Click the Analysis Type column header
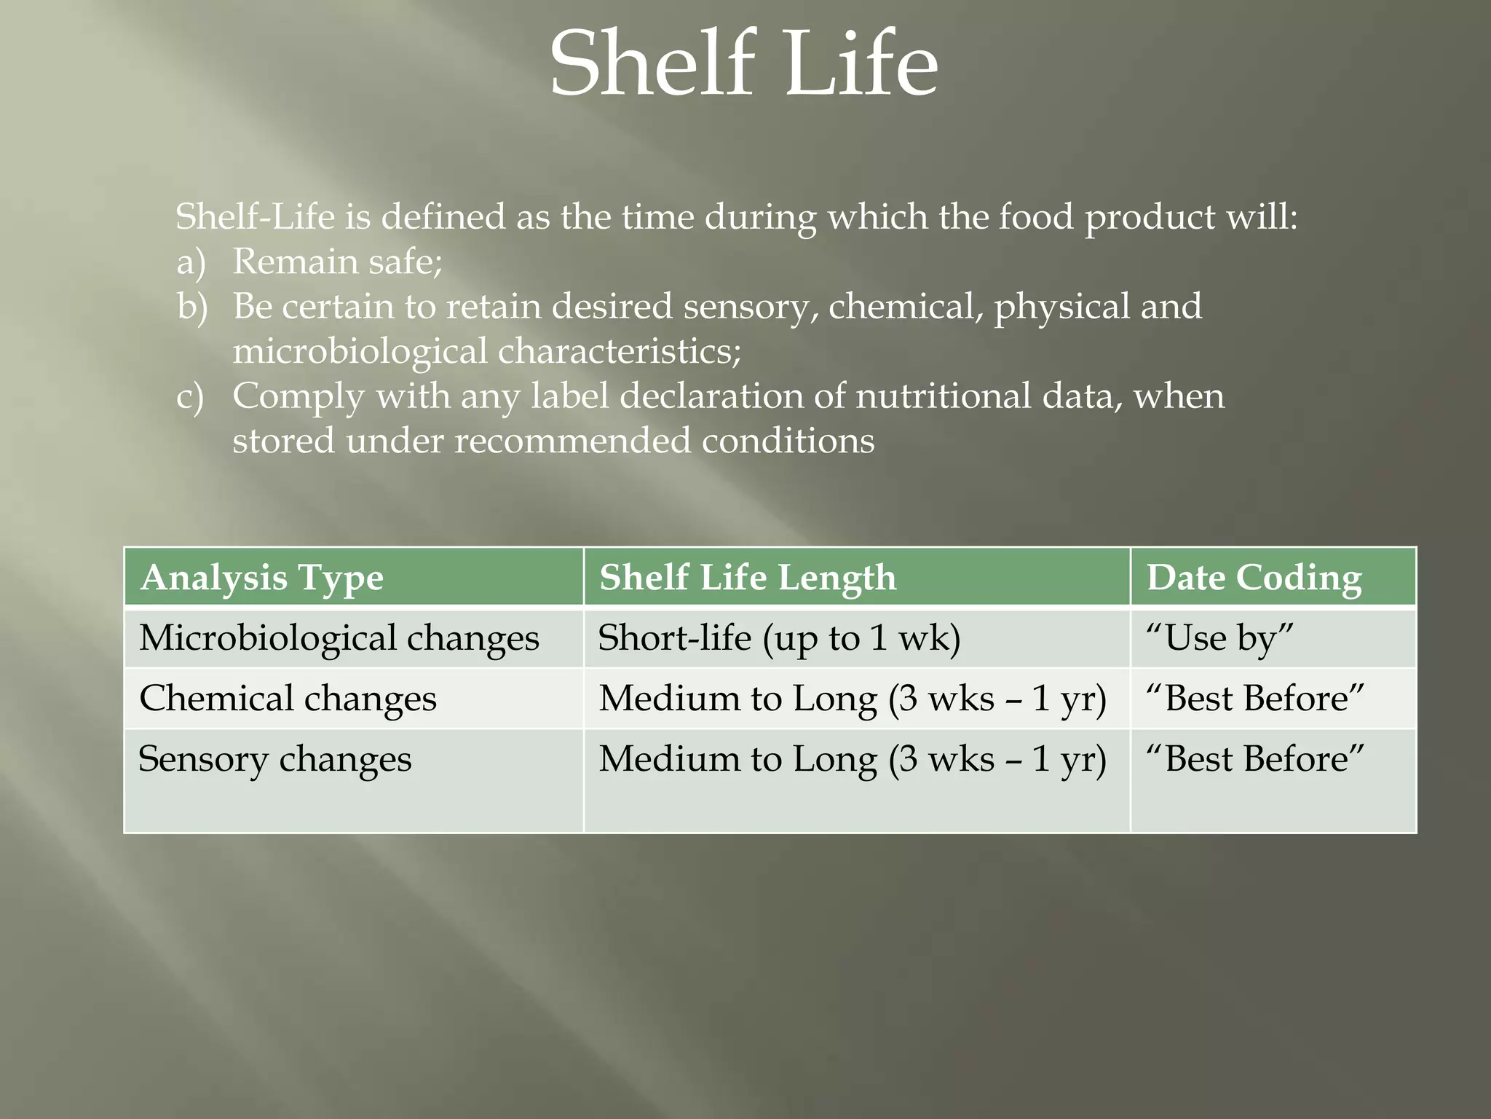[x=262, y=578]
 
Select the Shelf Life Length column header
[x=748, y=578]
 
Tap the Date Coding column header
[x=1254, y=578]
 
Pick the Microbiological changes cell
[x=339, y=638]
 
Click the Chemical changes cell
[x=288, y=699]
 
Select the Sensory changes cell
[x=275, y=759]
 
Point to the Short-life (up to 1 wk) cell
[x=779, y=638]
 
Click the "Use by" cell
[x=1219, y=638]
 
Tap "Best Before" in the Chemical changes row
[x=1254, y=699]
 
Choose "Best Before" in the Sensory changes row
[x=1254, y=759]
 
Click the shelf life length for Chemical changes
[x=853, y=699]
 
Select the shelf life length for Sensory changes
[x=853, y=759]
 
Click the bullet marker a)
[x=191, y=262]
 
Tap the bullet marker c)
[x=190, y=397]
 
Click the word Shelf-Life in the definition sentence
[x=255, y=217]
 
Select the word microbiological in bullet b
[x=360, y=352]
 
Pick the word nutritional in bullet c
[x=943, y=397]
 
